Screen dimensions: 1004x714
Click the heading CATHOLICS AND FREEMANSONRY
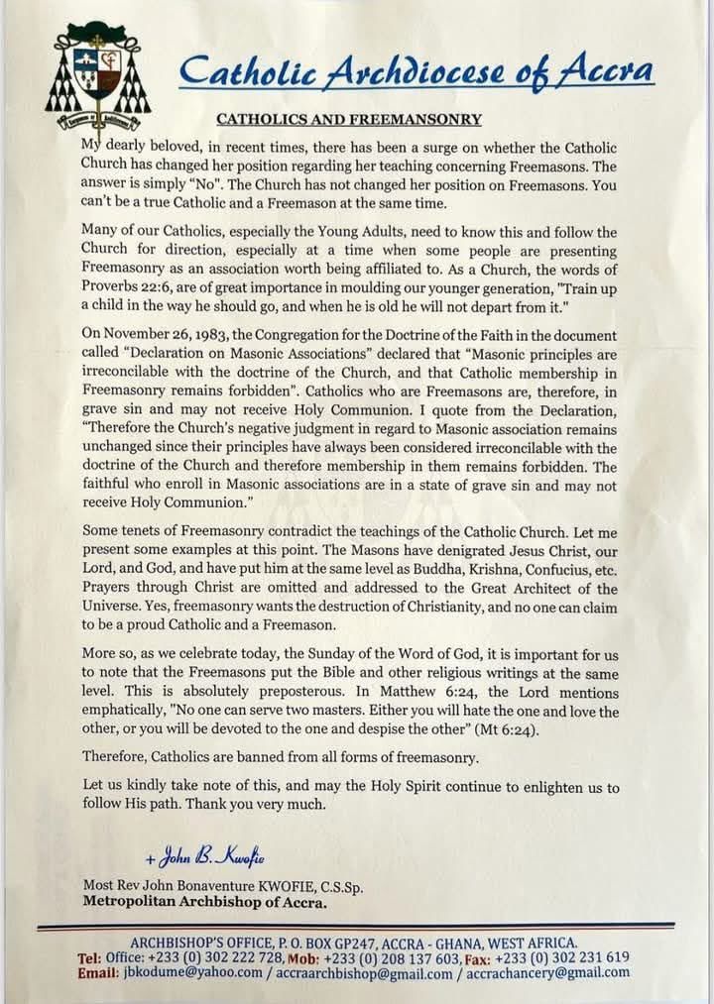349,120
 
